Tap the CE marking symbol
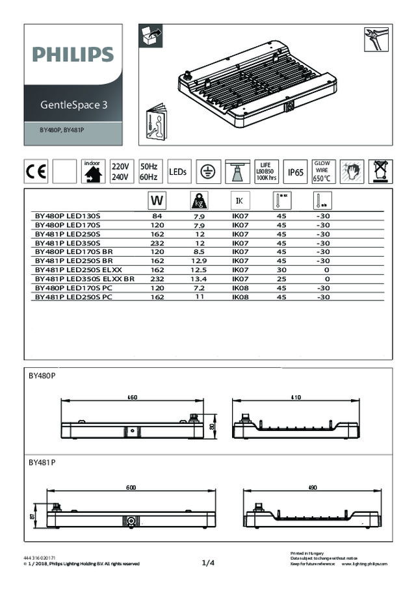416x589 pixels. [x=36, y=172]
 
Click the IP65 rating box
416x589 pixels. [x=296, y=172]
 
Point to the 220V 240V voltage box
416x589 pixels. [x=120, y=172]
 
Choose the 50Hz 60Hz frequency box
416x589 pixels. [x=149, y=172]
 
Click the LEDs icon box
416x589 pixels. [x=178, y=172]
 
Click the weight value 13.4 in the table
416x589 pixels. [x=200, y=278]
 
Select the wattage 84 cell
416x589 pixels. [x=157, y=215]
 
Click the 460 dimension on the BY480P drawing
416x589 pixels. [x=132, y=397]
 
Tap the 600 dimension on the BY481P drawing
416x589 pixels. [x=131, y=488]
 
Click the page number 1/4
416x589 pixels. [x=208, y=563]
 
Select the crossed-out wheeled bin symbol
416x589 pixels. [x=379, y=172]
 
